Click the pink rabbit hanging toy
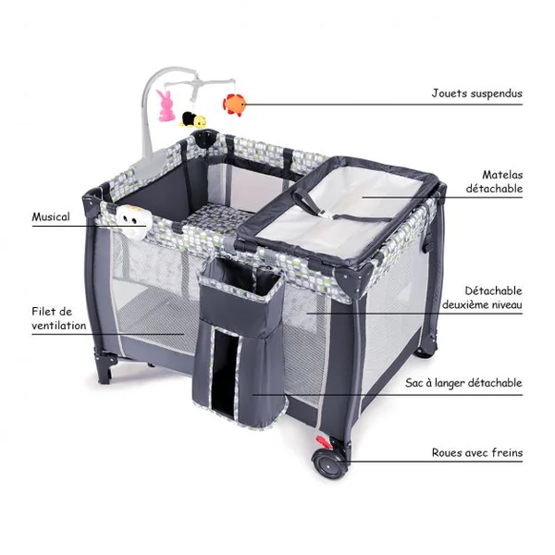click(166, 105)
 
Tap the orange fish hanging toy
click(234, 105)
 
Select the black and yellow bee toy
click(192, 119)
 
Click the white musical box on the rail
click(132, 223)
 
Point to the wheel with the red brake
click(329, 463)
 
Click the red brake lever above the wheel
click(324, 442)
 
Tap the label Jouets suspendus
click(476, 93)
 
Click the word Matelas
click(502, 175)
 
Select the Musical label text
click(51, 216)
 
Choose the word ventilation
click(59, 326)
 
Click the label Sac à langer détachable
click(463, 383)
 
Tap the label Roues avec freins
click(477, 452)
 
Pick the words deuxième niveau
click(482, 304)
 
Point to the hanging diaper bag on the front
click(240, 343)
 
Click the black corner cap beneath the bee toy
click(204, 138)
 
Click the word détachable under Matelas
click(494, 189)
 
